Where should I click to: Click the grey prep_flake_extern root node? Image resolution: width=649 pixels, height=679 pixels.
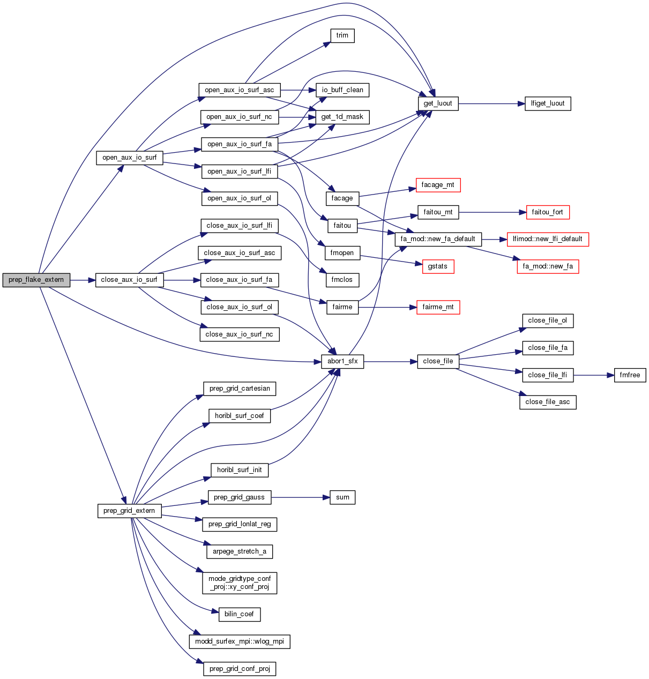click(x=36, y=280)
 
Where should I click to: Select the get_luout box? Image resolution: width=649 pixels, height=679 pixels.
click(x=438, y=103)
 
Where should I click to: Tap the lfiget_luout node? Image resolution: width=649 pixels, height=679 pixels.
click(x=548, y=103)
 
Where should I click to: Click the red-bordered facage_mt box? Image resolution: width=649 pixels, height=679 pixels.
click(x=438, y=185)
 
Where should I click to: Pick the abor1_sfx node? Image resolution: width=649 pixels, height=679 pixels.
click(x=342, y=361)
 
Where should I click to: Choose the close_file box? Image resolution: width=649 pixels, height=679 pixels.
click(x=438, y=361)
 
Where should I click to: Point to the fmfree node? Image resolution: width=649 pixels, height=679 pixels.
click(x=630, y=375)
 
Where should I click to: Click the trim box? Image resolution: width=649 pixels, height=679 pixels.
click(x=342, y=35)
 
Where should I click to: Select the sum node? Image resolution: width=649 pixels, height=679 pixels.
click(x=342, y=497)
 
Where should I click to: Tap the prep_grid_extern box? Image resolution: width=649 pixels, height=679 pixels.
click(x=129, y=511)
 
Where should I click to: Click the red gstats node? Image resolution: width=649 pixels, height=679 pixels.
click(x=438, y=266)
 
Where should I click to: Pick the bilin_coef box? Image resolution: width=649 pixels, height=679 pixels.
click(x=239, y=614)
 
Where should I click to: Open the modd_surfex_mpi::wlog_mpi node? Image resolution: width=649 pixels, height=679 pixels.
click(x=240, y=641)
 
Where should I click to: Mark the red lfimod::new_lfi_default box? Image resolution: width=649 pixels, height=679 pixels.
click(x=548, y=239)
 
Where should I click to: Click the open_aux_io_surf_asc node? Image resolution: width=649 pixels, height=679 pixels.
click(x=239, y=90)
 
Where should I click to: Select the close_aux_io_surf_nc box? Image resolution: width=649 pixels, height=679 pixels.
click(x=240, y=334)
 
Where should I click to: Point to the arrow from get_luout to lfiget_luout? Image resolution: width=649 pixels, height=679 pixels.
click(x=491, y=103)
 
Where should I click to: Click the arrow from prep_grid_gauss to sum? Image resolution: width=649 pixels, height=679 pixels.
click(x=300, y=497)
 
